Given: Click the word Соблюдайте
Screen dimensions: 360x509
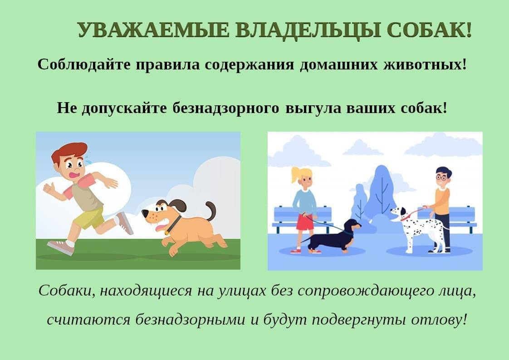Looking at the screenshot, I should (x=84, y=64).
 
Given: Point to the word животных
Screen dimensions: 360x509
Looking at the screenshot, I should (x=424, y=64).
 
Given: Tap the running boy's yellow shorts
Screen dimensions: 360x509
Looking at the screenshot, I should (x=89, y=219).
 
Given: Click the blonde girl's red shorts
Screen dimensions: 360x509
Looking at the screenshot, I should (x=305, y=222).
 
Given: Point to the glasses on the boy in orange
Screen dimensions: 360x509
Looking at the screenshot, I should (x=441, y=178).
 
